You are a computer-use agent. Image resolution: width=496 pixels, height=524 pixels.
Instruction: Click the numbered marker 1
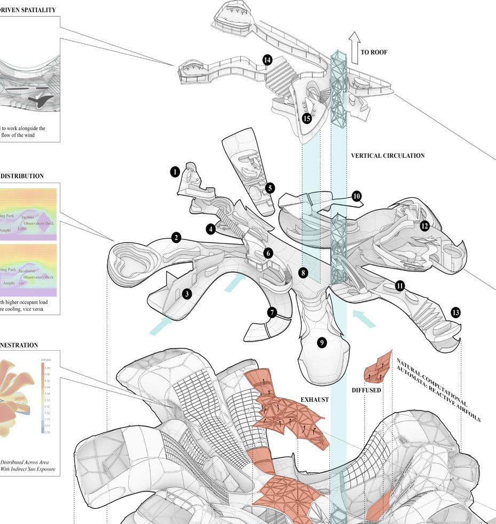pyautogui.click(x=175, y=172)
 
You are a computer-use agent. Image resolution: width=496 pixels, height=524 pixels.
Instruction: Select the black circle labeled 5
pyautogui.click(x=270, y=188)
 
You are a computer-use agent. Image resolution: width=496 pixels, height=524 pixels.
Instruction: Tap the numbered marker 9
pyautogui.click(x=321, y=343)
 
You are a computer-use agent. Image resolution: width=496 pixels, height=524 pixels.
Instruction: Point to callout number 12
pyautogui.click(x=424, y=226)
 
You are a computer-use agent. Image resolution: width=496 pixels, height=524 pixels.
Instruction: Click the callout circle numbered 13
pyautogui.click(x=455, y=312)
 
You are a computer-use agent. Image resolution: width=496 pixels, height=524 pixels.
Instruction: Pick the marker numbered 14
pyautogui.click(x=267, y=60)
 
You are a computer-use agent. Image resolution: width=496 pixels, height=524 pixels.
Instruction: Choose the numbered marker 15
pyautogui.click(x=306, y=118)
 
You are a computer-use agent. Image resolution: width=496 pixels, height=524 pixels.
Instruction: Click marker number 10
pyautogui.click(x=357, y=196)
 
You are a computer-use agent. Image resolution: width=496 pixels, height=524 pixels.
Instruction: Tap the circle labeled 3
pyautogui.click(x=187, y=294)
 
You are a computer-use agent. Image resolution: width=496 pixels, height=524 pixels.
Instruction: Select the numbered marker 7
pyautogui.click(x=272, y=312)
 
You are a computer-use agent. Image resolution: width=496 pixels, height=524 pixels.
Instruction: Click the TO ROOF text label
pyautogui.click(x=374, y=52)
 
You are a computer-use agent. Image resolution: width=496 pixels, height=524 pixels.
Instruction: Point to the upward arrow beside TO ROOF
pyautogui.click(x=353, y=43)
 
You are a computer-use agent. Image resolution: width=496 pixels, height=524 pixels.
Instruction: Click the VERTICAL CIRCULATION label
pyautogui.click(x=388, y=156)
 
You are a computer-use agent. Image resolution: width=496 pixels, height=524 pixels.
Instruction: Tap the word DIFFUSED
pyautogui.click(x=366, y=390)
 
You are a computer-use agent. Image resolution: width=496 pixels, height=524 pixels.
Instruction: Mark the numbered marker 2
pyautogui.click(x=176, y=238)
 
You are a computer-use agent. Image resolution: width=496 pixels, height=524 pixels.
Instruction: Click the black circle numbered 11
pyautogui.click(x=400, y=286)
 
